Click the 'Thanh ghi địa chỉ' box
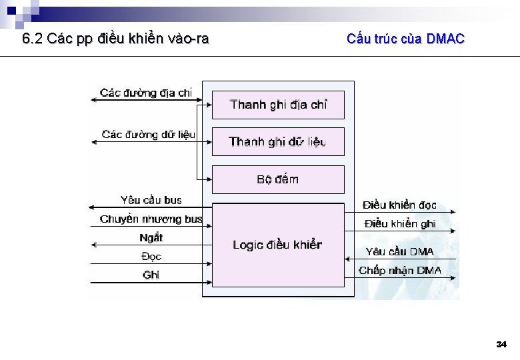278,105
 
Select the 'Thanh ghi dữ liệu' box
278,141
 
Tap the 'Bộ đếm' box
278,179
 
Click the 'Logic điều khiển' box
278,245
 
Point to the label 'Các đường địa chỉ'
146,93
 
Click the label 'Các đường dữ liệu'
148,135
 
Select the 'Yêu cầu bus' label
151,200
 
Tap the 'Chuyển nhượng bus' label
151,219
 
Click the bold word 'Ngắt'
151,237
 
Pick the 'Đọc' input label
151,256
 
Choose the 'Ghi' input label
151,275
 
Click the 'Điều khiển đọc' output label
400,205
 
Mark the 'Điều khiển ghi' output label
400,224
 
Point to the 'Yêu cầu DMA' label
400,251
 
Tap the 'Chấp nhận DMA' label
400,270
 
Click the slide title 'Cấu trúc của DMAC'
405,39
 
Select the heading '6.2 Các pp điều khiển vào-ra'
115,39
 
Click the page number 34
501,345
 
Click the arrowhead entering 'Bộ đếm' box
209,179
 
